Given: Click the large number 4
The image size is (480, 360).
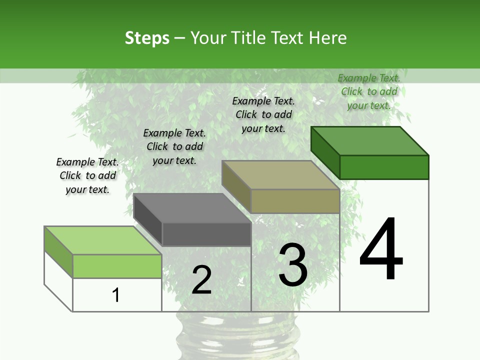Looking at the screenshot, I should [381, 250].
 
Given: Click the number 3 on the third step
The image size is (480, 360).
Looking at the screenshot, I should [293, 265].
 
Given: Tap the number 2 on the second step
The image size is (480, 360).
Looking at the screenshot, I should [201, 280].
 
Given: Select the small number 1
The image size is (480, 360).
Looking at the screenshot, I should [116, 295].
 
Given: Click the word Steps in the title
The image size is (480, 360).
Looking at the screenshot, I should [147, 38].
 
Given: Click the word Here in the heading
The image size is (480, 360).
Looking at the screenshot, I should [328, 38].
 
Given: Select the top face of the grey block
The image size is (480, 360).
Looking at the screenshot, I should [192, 208].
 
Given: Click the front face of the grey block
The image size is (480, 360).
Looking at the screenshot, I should [206, 234].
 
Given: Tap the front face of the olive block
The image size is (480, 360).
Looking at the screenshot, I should [295, 201].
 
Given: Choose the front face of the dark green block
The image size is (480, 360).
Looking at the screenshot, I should [384, 167].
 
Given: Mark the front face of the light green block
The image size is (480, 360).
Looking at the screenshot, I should [117, 266].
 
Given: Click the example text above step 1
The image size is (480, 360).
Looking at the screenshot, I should [87, 176].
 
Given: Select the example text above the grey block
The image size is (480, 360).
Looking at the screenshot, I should [174, 147].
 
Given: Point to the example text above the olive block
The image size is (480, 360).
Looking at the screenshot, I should [263, 115].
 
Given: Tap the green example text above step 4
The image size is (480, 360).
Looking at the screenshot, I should [369, 92].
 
